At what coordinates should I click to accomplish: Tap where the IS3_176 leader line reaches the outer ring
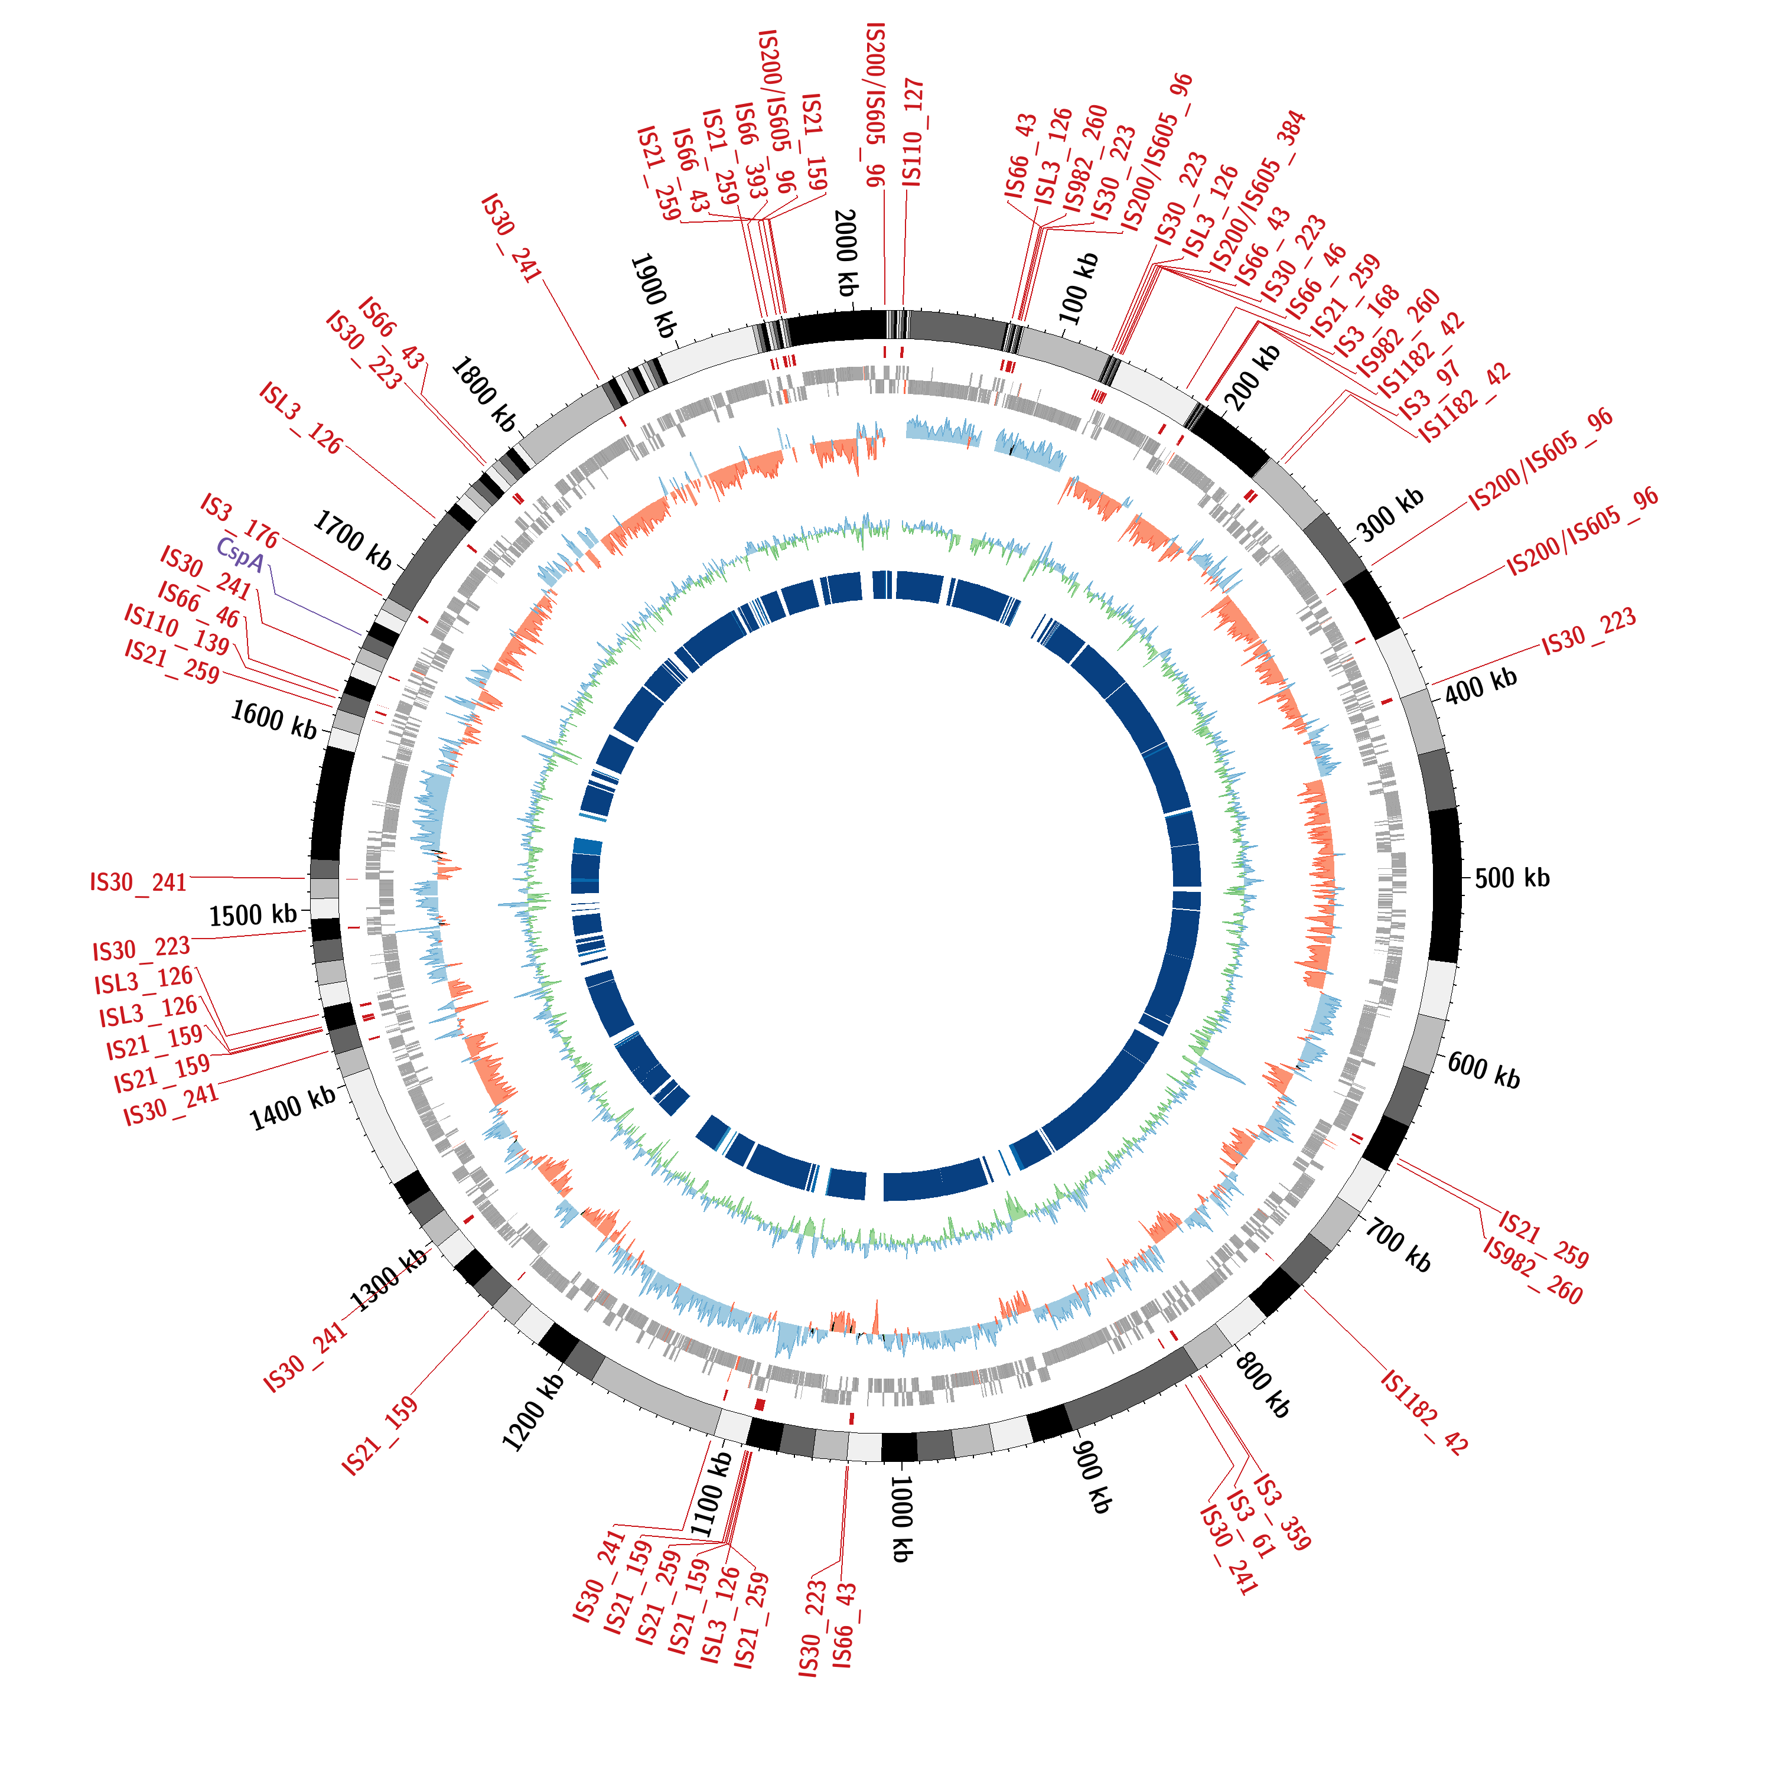point(383,598)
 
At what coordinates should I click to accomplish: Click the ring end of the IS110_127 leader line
point(904,308)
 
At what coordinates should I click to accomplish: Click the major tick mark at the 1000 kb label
point(896,1467)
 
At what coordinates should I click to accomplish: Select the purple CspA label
point(240,555)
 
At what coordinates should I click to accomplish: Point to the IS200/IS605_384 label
point(1256,193)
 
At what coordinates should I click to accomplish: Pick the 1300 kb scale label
point(388,1281)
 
